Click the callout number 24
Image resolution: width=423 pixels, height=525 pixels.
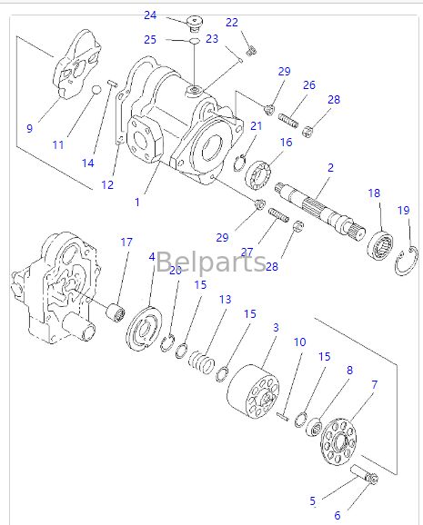150,15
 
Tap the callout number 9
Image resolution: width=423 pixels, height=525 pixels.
29,128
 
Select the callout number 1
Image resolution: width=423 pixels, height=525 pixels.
137,202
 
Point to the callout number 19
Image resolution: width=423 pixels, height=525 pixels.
403,211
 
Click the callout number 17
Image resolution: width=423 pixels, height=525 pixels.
126,242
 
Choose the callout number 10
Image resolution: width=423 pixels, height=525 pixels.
299,342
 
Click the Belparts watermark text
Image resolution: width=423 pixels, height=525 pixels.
211,263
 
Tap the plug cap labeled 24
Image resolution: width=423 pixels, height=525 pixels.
193,23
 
